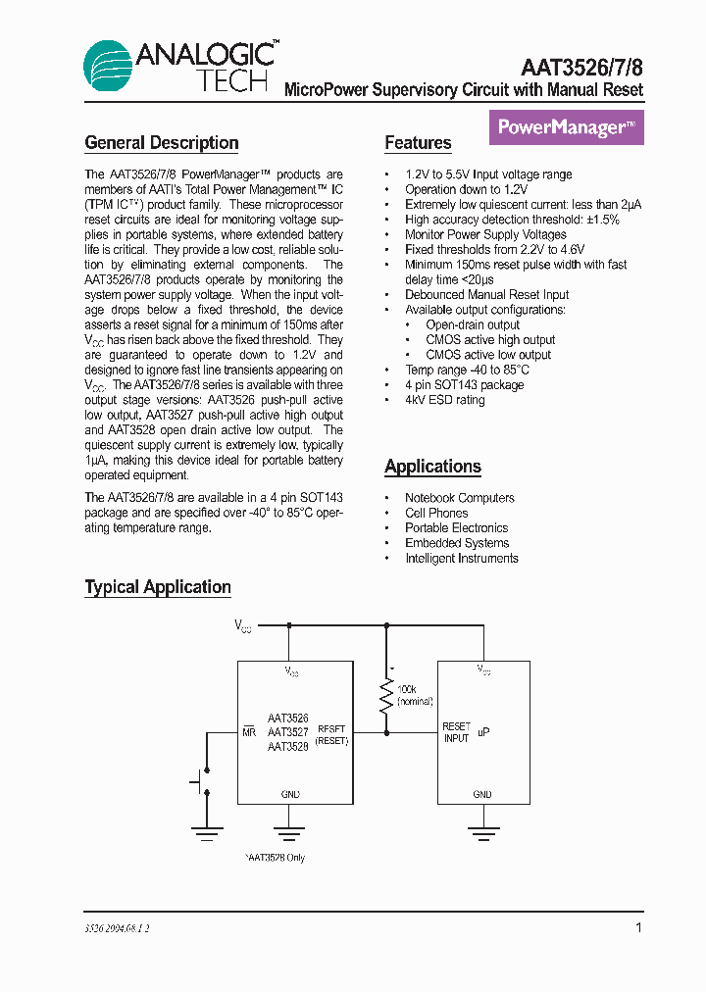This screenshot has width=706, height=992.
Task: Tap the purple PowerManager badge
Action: [x=566, y=127]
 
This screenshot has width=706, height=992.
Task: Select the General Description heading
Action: [x=162, y=143]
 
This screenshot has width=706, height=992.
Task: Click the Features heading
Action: [x=418, y=143]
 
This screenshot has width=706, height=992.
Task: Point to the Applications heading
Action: [x=432, y=467]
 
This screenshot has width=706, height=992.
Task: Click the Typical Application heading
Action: [x=158, y=587]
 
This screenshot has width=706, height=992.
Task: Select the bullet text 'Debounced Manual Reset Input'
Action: [x=486, y=295]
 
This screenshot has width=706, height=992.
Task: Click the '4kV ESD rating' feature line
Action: [x=444, y=400]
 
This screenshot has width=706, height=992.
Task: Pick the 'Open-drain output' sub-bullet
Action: [x=473, y=324]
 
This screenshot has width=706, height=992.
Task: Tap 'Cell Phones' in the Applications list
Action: [x=436, y=513]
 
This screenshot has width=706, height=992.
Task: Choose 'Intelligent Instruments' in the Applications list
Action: [x=461, y=559]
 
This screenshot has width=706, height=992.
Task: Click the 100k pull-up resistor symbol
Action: [x=386, y=697]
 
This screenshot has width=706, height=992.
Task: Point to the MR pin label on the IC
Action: [x=249, y=732]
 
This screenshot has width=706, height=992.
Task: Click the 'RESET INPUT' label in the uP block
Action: [x=456, y=732]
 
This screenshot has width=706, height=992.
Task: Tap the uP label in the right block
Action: [x=483, y=731]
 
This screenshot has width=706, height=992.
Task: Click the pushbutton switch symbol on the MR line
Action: [x=202, y=781]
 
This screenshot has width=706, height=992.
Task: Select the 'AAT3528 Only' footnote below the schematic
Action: [x=276, y=858]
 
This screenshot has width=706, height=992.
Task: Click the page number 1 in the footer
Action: [x=638, y=927]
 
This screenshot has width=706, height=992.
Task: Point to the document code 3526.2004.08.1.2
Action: [x=117, y=927]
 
